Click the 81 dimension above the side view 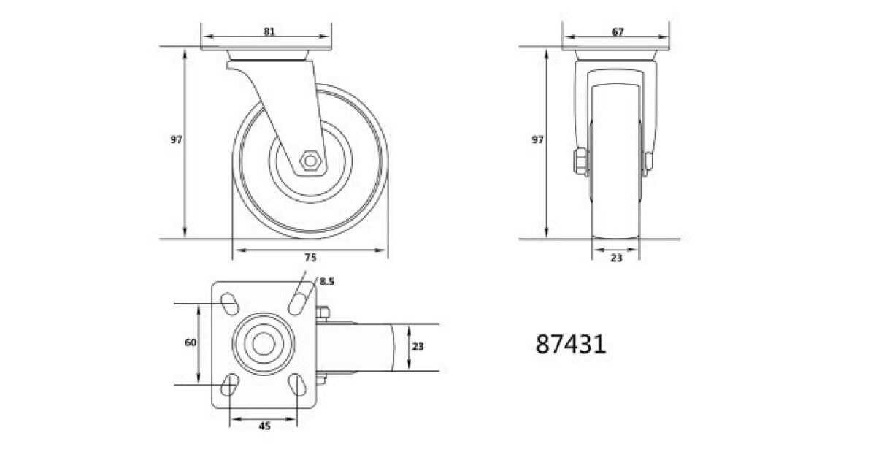(269, 31)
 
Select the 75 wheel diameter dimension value (310, 257)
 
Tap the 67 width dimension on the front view (618, 31)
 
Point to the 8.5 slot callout (327, 281)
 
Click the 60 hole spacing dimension (190, 342)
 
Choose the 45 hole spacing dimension (265, 426)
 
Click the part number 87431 (571, 344)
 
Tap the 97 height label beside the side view (176, 139)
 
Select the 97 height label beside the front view (537, 139)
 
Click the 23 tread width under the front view (616, 258)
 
